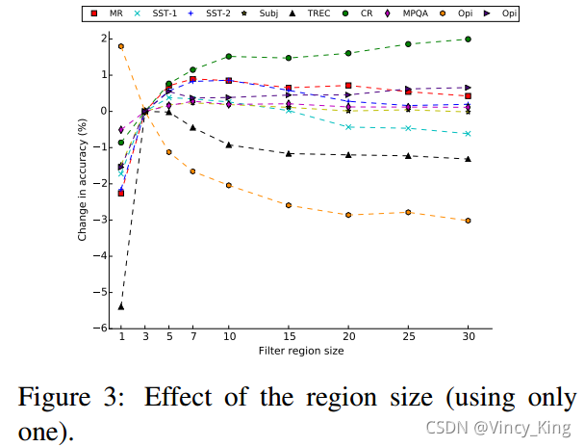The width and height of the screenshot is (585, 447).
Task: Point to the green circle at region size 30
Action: [468, 39]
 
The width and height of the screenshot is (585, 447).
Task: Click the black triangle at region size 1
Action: [121, 306]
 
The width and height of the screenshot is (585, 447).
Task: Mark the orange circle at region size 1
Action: [121, 46]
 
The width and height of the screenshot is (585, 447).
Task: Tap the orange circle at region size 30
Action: [468, 221]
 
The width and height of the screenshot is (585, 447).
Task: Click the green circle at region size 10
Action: [228, 57]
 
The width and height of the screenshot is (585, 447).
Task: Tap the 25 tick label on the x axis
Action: [408, 338]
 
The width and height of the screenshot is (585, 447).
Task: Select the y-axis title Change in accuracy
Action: [84, 179]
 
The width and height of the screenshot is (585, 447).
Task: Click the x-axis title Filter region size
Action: [300, 351]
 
